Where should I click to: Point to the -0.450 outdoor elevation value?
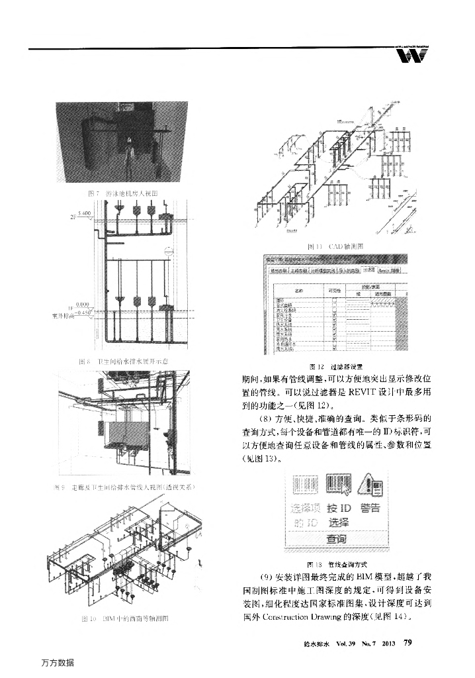click(84, 312)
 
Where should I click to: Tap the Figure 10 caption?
click(125, 618)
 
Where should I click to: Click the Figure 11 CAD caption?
click(333, 246)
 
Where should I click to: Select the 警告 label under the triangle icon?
click(370, 508)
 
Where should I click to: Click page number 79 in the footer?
click(408, 642)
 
